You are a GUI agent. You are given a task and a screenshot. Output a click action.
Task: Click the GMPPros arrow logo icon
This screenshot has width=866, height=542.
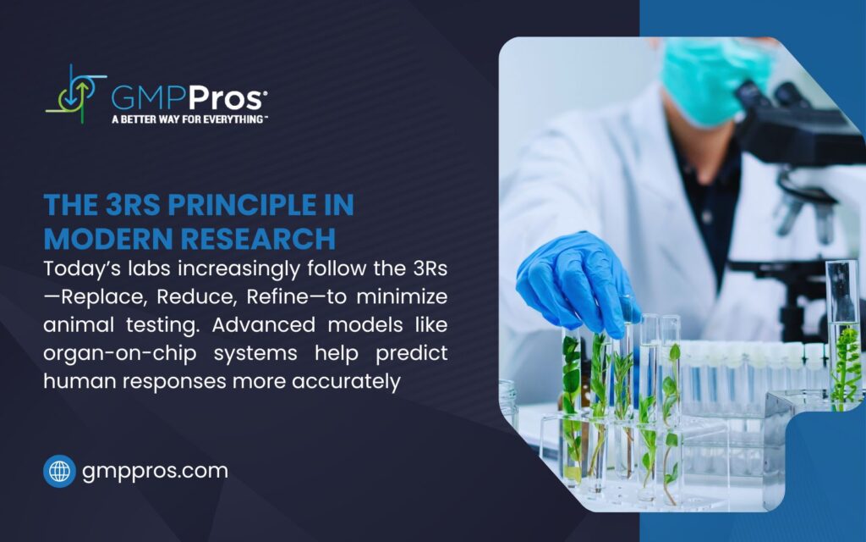(75, 95)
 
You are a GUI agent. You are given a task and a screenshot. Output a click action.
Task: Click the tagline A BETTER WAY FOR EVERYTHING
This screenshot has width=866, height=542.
(189, 119)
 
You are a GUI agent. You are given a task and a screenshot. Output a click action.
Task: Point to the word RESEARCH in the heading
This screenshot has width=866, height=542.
(258, 239)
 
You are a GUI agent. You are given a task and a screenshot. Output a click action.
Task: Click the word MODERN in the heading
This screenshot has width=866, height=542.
(108, 239)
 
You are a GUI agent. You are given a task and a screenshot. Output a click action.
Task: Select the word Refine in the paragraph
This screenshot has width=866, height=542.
(277, 297)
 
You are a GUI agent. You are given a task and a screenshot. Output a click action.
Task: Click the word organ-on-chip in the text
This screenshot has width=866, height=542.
(119, 354)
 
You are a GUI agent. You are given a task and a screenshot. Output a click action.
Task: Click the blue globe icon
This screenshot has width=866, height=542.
(60, 471)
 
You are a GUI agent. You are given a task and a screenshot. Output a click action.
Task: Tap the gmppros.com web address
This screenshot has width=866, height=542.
(155, 471)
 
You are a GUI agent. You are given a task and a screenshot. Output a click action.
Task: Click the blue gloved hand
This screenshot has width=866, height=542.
(574, 282)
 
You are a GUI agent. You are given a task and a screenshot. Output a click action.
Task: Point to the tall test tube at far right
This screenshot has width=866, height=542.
(843, 332)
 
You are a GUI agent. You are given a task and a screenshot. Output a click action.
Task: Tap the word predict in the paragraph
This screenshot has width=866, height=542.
(412, 354)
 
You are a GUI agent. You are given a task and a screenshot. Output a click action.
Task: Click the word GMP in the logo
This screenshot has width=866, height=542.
(149, 98)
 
